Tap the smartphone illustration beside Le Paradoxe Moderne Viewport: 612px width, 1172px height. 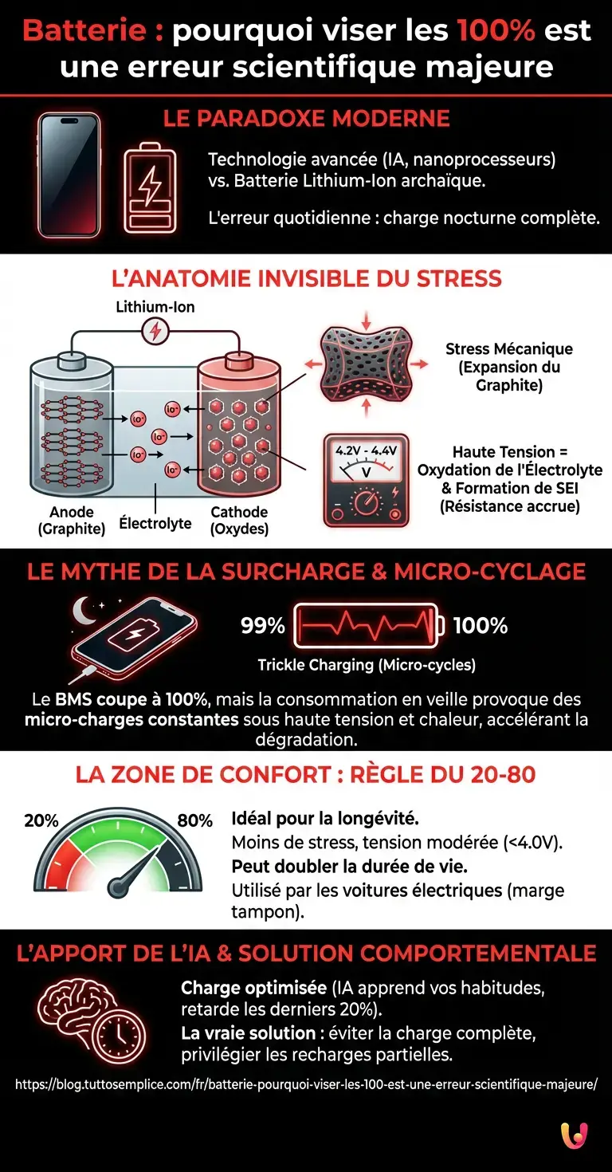click(x=69, y=174)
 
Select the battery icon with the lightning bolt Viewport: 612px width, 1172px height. click(x=149, y=187)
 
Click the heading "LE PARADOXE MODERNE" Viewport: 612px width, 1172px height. click(x=306, y=119)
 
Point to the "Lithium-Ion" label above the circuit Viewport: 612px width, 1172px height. click(x=155, y=307)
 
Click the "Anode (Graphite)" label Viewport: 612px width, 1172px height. click(x=72, y=520)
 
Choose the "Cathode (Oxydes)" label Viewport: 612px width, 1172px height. click(x=239, y=520)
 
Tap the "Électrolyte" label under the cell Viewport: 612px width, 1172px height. click(x=155, y=523)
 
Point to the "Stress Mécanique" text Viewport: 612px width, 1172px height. click(x=509, y=348)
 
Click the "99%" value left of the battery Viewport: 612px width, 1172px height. click(x=263, y=626)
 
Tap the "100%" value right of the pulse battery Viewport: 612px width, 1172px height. click(x=481, y=626)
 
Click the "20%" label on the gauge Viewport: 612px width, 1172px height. click(x=41, y=820)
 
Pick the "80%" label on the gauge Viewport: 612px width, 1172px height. click(x=194, y=820)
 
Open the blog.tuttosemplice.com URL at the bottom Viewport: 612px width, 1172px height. click(x=306, y=1084)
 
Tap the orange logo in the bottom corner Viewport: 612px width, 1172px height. click(x=574, y=1136)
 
